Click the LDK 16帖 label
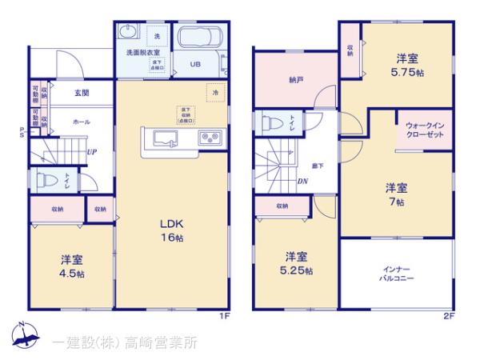(171, 230)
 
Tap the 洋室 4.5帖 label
(72, 266)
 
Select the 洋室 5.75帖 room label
(408, 64)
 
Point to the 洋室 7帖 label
(396, 194)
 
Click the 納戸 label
(294, 80)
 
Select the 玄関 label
(81, 93)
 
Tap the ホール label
(81, 122)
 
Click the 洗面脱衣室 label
(140, 52)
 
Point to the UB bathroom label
(195, 65)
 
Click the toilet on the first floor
(47, 180)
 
